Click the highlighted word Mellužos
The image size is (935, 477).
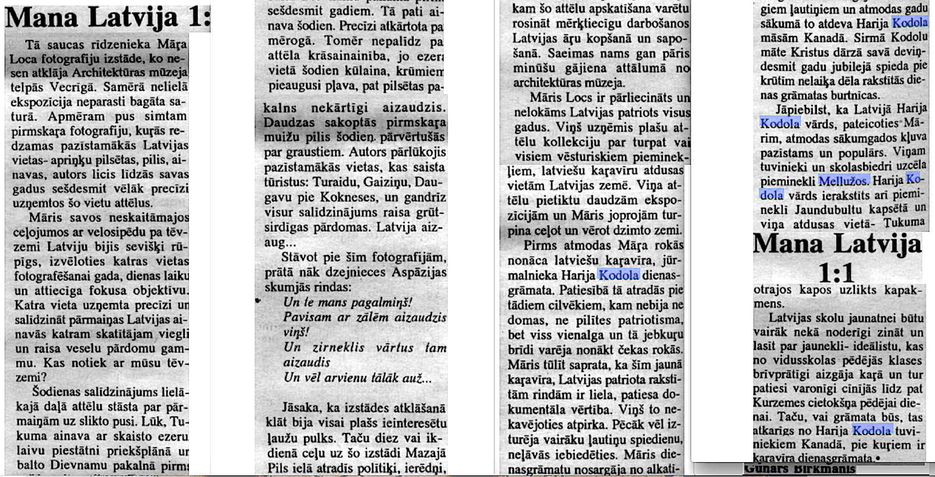coord(844,181)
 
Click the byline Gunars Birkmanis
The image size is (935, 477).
coord(799,469)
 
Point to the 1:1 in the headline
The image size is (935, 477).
coord(836,272)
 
